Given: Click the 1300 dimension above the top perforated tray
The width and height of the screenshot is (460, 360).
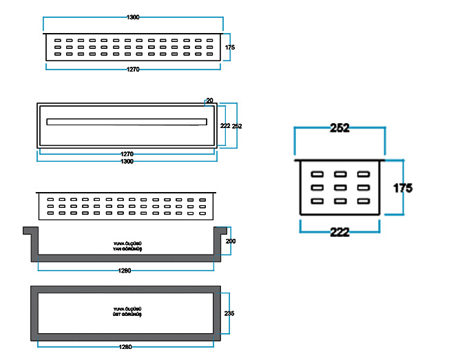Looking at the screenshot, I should [133, 17].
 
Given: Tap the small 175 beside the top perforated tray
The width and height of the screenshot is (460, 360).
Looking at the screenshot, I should [230, 47].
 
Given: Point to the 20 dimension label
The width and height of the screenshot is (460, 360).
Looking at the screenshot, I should [209, 100].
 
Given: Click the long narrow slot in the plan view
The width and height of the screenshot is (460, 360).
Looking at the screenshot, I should [127, 122].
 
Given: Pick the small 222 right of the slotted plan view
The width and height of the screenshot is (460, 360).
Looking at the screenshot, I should [225, 126].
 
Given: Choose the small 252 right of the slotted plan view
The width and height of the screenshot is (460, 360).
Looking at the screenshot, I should [237, 126].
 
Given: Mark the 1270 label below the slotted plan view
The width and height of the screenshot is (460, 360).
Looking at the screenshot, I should [127, 153].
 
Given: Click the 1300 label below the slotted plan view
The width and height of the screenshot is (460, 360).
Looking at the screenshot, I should [127, 161].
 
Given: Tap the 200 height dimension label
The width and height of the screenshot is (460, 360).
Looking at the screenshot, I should [230, 242].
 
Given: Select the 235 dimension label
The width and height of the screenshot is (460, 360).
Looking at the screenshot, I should [230, 313].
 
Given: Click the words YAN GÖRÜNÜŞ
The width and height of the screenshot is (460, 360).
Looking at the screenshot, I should [127, 248].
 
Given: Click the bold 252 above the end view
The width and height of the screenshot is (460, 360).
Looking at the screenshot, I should [340, 128].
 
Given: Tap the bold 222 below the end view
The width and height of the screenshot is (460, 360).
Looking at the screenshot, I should [340, 232].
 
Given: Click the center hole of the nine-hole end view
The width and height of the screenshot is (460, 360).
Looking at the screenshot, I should [339, 187].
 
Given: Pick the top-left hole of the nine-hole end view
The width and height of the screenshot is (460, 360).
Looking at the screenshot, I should [317, 173].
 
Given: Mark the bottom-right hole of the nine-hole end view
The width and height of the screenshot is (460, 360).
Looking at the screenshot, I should [362, 201].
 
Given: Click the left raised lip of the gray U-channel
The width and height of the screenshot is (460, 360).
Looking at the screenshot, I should [30, 231].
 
